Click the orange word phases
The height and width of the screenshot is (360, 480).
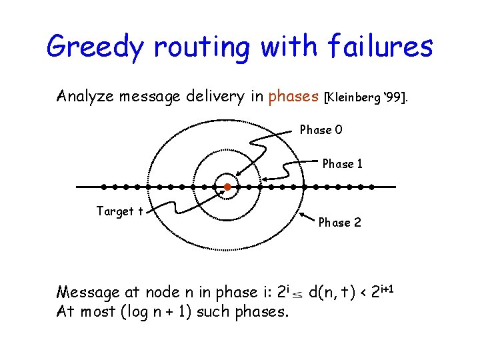tap(293, 97)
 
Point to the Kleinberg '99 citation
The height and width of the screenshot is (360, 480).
tap(369, 97)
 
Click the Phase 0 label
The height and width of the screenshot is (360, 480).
tap(321, 130)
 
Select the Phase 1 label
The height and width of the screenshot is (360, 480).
tap(343, 164)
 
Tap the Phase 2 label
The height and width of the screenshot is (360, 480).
tap(339, 223)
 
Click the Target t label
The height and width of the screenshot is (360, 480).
tap(120, 212)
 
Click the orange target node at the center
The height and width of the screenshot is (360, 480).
tap(227, 187)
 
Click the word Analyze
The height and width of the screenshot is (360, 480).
tap(85, 97)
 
